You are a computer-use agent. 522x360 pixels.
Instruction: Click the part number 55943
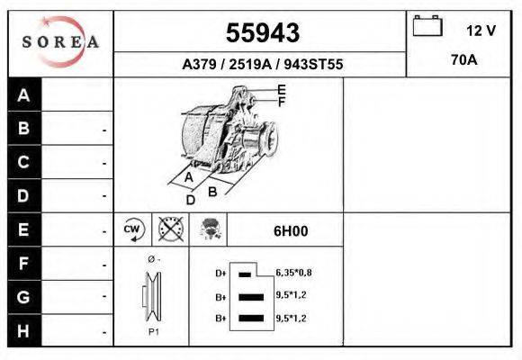click(x=261, y=32)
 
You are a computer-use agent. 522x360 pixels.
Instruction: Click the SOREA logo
click(x=60, y=41)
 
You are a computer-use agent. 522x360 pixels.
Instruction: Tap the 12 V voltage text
click(x=481, y=31)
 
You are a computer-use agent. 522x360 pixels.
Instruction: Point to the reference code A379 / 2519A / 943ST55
click(x=262, y=65)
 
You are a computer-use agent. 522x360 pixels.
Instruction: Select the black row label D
click(x=24, y=195)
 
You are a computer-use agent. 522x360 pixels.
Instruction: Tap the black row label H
click(x=24, y=330)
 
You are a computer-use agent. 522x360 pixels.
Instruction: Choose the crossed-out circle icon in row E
click(x=169, y=229)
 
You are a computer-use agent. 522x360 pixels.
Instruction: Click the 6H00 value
click(x=291, y=230)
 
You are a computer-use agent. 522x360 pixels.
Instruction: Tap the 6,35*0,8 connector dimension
click(x=293, y=272)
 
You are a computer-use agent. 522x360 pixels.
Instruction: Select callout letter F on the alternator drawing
click(x=281, y=102)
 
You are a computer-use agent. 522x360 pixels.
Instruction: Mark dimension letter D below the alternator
click(x=190, y=200)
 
